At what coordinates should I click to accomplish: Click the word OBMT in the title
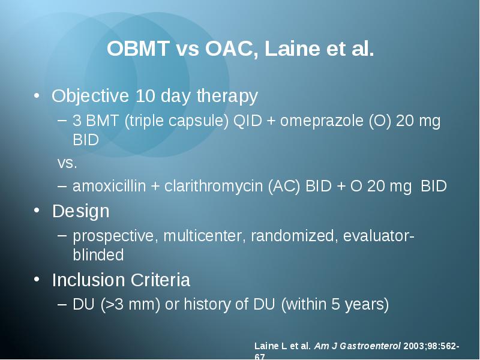tap(138, 49)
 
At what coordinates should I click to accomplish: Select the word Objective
tap(91, 96)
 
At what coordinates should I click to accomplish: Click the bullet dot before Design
tap(37, 211)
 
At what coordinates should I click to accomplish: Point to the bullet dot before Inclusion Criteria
tap(37, 279)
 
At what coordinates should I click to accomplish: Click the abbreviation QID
tap(248, 121)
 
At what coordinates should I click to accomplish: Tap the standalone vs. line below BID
tap(67, 163)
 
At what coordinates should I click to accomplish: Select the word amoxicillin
tap(109, 186)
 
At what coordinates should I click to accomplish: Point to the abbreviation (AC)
tap(284, 186)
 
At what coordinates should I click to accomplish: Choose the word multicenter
tap(205, 236)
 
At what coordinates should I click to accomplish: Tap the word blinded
tap(98, 254)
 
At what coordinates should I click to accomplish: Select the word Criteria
tap(160, 280)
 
